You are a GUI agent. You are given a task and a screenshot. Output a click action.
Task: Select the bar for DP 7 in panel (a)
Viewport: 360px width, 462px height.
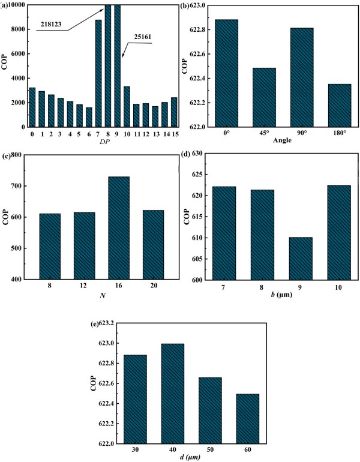click(x=98, y=73)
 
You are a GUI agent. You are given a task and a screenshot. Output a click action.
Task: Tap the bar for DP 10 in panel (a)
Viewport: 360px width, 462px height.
click(x=127, y=107)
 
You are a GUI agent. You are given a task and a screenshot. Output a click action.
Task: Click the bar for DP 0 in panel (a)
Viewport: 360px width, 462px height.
click(x=32, y=107)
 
